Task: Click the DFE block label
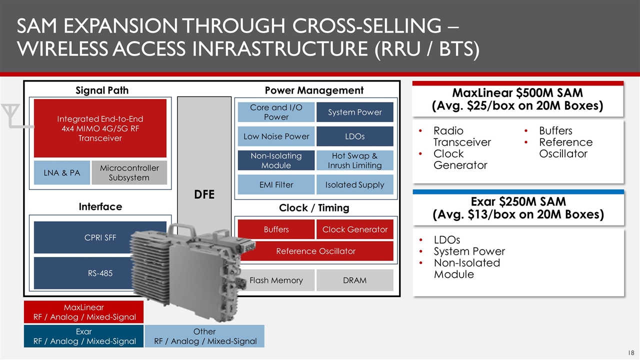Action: (x=204, y=194)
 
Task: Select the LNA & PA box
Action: (x=61, y=172)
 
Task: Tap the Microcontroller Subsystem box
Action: (x=129, y=172)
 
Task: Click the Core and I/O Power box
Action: (x=276, y=112)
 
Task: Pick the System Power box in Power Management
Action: (x=355, y=112)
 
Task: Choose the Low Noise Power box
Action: (x=276, y=136)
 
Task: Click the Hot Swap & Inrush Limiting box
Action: (x=355, y=160)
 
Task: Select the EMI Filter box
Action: (x=276, y=184)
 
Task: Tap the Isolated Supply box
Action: (x=355, y=184)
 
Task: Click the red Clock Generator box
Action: (x=355, y=229)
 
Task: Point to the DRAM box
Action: (x=355, y=280)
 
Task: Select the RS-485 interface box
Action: (x=83, y=273)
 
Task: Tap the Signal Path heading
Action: (x=102, y=90)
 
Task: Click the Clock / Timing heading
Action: (x=314, y=207)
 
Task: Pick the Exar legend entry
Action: (x=83, y=336)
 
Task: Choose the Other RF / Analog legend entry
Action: (x=204, y=336)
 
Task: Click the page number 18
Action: (x=631, y=352)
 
